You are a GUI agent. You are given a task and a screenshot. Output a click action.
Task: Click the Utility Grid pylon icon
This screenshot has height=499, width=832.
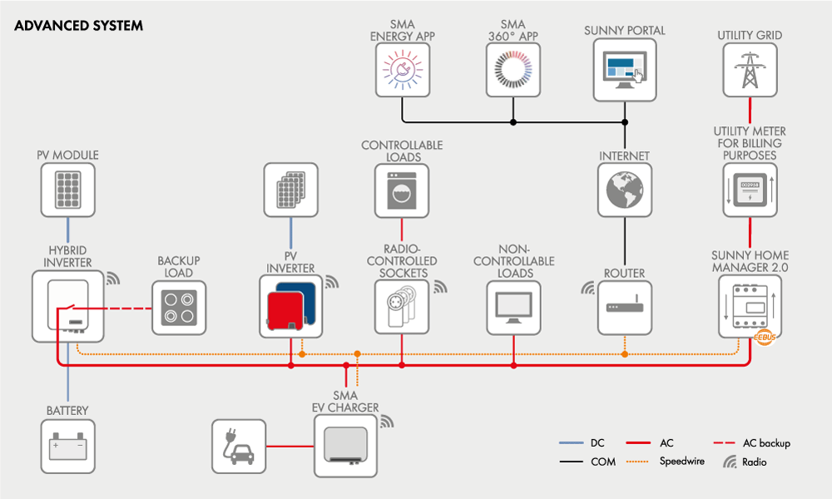click(750, 70)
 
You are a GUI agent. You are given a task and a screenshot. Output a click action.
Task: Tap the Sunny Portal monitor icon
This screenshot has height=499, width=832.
click(624, 70)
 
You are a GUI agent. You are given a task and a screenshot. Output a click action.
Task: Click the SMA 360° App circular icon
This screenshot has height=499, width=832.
click(513, 70)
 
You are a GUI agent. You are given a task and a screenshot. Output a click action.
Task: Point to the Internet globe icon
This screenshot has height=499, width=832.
click(624, 190)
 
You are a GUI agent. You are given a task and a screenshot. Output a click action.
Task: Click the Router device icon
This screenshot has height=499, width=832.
click(624, 309)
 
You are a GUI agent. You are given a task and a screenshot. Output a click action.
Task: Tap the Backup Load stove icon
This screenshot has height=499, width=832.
click(179, 309)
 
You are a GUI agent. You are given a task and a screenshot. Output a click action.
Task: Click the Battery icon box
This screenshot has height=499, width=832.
click(68, 447)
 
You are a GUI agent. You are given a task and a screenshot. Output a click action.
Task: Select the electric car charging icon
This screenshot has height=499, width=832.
click(238, 447)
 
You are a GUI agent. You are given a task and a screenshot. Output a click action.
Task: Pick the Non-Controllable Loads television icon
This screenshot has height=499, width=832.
click(513, 309)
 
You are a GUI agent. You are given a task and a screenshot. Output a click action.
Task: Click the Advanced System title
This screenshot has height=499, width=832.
click(78, 26)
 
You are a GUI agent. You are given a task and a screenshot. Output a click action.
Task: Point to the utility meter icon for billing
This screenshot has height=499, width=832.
click(750, 190)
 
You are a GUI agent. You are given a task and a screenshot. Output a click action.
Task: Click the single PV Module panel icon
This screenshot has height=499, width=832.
click(68, 190)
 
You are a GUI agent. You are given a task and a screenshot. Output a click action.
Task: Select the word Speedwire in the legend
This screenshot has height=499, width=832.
click(682, 461)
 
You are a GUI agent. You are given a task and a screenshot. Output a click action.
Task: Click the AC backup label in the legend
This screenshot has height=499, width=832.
click(766, 443)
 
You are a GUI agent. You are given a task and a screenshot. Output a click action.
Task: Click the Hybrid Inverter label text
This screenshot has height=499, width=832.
click(69, 257)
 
